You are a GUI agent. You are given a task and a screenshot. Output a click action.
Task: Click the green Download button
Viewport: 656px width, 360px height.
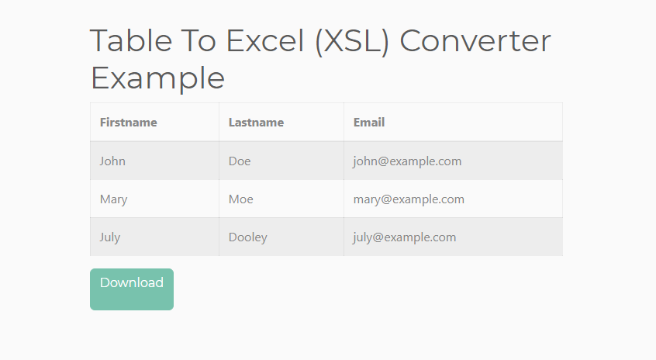(x=132, y=289)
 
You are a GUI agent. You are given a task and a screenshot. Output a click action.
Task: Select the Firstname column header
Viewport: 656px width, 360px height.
(x=129, y=123)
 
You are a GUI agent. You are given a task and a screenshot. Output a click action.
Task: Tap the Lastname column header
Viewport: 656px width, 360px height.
(x=256, y=123)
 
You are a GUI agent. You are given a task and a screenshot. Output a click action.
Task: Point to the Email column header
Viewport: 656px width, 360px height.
(x=369, y=123)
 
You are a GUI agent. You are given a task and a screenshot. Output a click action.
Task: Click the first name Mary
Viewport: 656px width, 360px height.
(x=113, y=199)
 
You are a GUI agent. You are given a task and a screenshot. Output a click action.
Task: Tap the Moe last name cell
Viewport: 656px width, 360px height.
(x=241, y=199)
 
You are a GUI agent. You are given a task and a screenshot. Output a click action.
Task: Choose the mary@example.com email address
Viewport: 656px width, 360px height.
(x=409, y=199)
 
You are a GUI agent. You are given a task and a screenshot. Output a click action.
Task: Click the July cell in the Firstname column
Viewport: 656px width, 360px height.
(x=110, y=237)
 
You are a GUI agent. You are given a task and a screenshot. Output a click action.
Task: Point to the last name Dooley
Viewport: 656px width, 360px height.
(x=247, y=237)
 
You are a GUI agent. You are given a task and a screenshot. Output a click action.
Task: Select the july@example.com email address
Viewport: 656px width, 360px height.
(x=404, y=237)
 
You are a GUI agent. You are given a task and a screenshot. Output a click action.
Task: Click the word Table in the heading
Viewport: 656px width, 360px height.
(x=131, y=40)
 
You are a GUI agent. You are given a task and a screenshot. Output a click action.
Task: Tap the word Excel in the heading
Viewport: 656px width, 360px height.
(x=265, y=40)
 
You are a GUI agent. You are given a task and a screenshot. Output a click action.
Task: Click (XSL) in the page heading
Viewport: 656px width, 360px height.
(x=352, y=41)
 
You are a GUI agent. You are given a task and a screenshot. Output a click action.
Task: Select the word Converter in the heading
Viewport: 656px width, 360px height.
(x=475, y=41)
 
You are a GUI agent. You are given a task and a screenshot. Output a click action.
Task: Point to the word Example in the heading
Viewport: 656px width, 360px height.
(x=157, y=78)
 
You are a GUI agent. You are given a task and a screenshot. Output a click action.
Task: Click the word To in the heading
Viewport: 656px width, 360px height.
(x=199, y=40)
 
